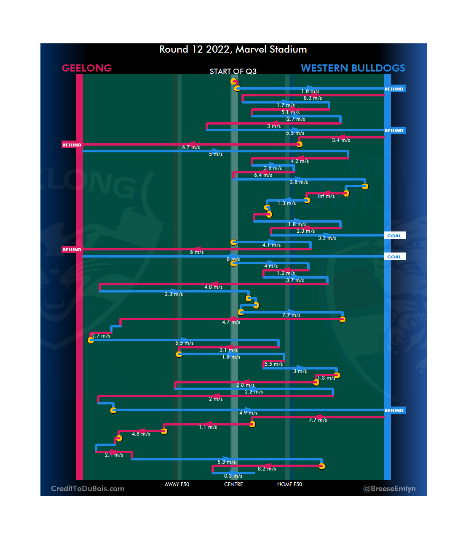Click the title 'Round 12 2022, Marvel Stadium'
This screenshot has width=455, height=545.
click(233, 49)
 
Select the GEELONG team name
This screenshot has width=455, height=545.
click(87, 68)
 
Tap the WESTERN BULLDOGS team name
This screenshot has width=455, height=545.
click(353, 68)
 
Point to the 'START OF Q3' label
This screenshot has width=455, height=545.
click(233, 72)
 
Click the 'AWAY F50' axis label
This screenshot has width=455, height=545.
click(177, 484)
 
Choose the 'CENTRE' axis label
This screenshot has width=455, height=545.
click(233, 484)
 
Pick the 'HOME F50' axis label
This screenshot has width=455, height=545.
click(289, 484)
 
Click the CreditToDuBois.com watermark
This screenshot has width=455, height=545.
click(88, 489)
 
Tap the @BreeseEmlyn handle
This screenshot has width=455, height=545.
click(389, 489)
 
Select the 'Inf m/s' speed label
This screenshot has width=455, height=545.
click(326, 196)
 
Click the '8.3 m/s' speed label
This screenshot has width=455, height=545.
click(313, 98)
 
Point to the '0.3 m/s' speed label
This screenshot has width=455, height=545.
click(233, 476)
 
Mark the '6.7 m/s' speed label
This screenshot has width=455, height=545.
click(191, 147)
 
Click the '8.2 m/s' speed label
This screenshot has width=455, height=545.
click(267, 469)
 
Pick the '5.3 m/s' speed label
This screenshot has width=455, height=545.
click(226, 462)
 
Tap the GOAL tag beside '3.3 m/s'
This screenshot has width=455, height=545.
click(394, 236)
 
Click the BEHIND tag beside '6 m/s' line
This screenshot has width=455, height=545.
click(72, 250)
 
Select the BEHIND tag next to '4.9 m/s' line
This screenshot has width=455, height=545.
click(394, 411)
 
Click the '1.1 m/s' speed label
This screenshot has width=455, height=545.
click(208, 427)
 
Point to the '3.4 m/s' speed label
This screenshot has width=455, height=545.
click(341, 140)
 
